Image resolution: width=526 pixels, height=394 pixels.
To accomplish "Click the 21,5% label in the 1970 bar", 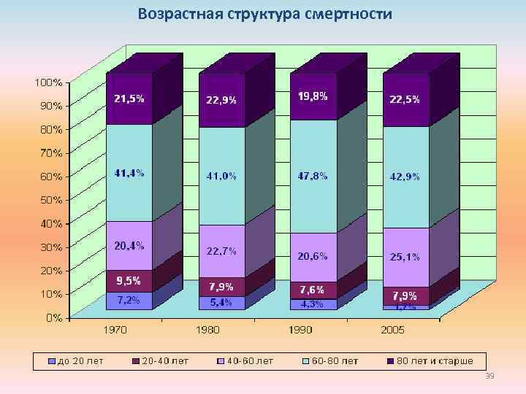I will [129, 99].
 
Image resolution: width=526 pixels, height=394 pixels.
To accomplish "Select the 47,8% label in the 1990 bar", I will [313, 176].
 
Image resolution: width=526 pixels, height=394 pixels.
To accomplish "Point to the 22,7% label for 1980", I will [221, 251].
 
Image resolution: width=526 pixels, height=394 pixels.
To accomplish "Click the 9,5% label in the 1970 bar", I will [129, 280].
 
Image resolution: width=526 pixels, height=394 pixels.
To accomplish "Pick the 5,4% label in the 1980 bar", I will [221, 302].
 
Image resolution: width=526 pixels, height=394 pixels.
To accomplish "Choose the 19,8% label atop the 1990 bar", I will [313, 96].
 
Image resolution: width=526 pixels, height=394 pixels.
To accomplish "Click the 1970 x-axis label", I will [115, 330].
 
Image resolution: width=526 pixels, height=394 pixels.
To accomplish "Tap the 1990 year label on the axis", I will [300, 330].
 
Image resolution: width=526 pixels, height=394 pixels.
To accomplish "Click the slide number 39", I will [489, 375].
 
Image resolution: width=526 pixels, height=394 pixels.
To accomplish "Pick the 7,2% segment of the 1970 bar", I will [129, 301].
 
